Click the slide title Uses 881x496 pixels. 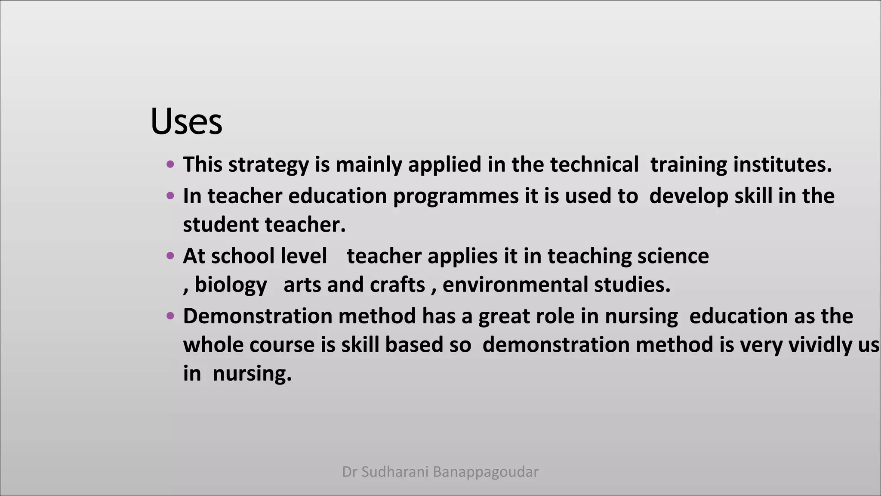(186, 121)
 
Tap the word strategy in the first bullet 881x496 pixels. (268, 165)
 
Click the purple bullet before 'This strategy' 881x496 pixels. (170, 164)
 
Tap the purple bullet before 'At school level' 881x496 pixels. (170, 256)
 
